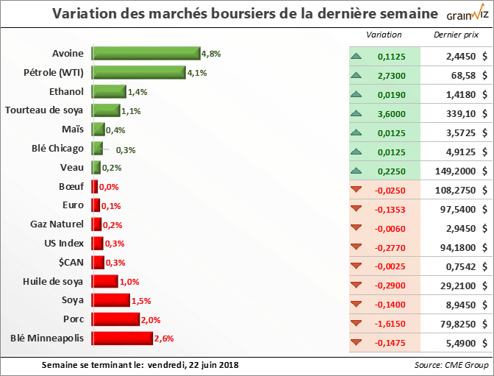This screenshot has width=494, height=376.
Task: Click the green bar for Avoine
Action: click(146, 53)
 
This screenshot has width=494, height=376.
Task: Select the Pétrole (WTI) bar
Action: click(138, 72)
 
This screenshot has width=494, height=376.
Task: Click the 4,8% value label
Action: click(212, 54)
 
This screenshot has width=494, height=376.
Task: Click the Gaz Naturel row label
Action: click(57, 224)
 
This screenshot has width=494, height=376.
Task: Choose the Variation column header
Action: click(384, 35)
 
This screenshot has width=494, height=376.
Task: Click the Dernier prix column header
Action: click(454, 35)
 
